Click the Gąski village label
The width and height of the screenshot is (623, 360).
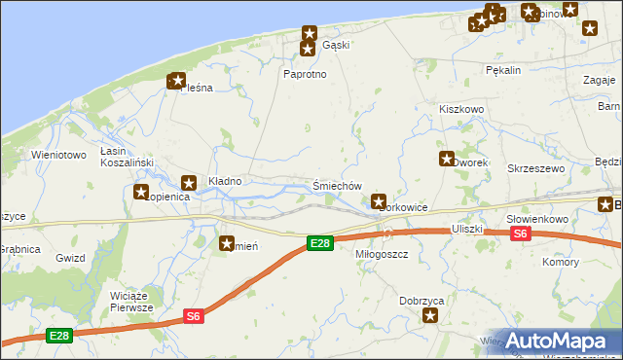pyautogui.click(x=335, y=46)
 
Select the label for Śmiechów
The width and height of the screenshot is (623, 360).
pyautogui.click(x=338, y=186)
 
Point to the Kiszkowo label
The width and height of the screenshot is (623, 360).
pyautogui.click(x=461, y=110)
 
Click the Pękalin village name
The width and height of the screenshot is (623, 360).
pyautogui.click(x=503, y=70)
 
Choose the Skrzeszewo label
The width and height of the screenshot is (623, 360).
pyautogui.click(x=536, y=168)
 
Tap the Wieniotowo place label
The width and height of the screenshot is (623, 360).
pyautogui.click(x=59, y=155)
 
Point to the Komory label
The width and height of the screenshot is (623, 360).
pyautogui.click(x=561, y=263)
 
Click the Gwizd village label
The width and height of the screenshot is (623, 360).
pyautogui.click(x=70, y=258)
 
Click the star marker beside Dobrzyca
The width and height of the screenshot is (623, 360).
pyautogui.click(x=429, y=315)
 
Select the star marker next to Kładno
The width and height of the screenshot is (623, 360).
pyautogui.click(x=190, y=182)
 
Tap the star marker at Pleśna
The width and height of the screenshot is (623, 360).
pyautogui.click(x=176, y=82)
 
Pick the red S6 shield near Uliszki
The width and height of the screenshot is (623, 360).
pyautogui.click(x=520, y=234)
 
